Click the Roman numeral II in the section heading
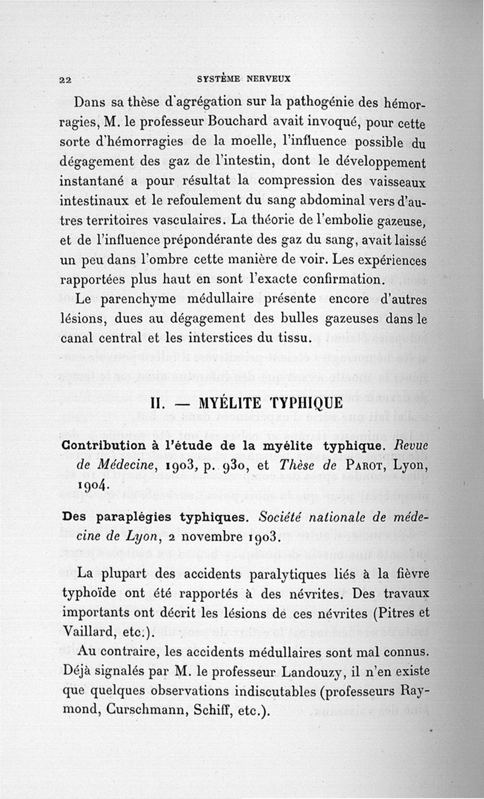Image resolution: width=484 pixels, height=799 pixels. point(160,403)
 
